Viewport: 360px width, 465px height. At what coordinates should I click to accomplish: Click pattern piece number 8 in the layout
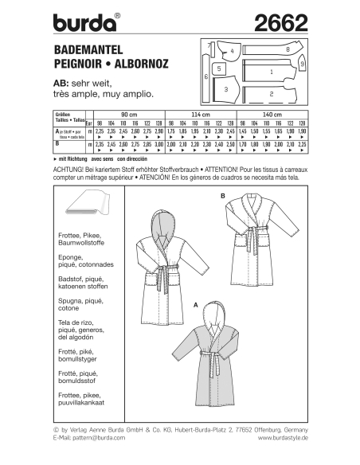[x=286, y=50]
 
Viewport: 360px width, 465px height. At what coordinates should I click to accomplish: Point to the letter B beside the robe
[x=213, y=194]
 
